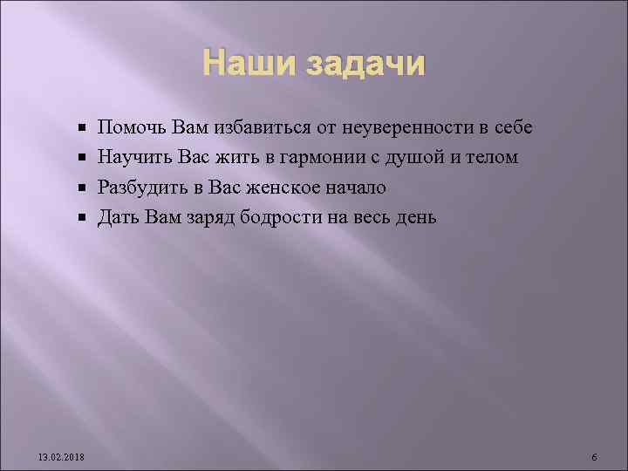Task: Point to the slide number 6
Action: click(593, 458)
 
